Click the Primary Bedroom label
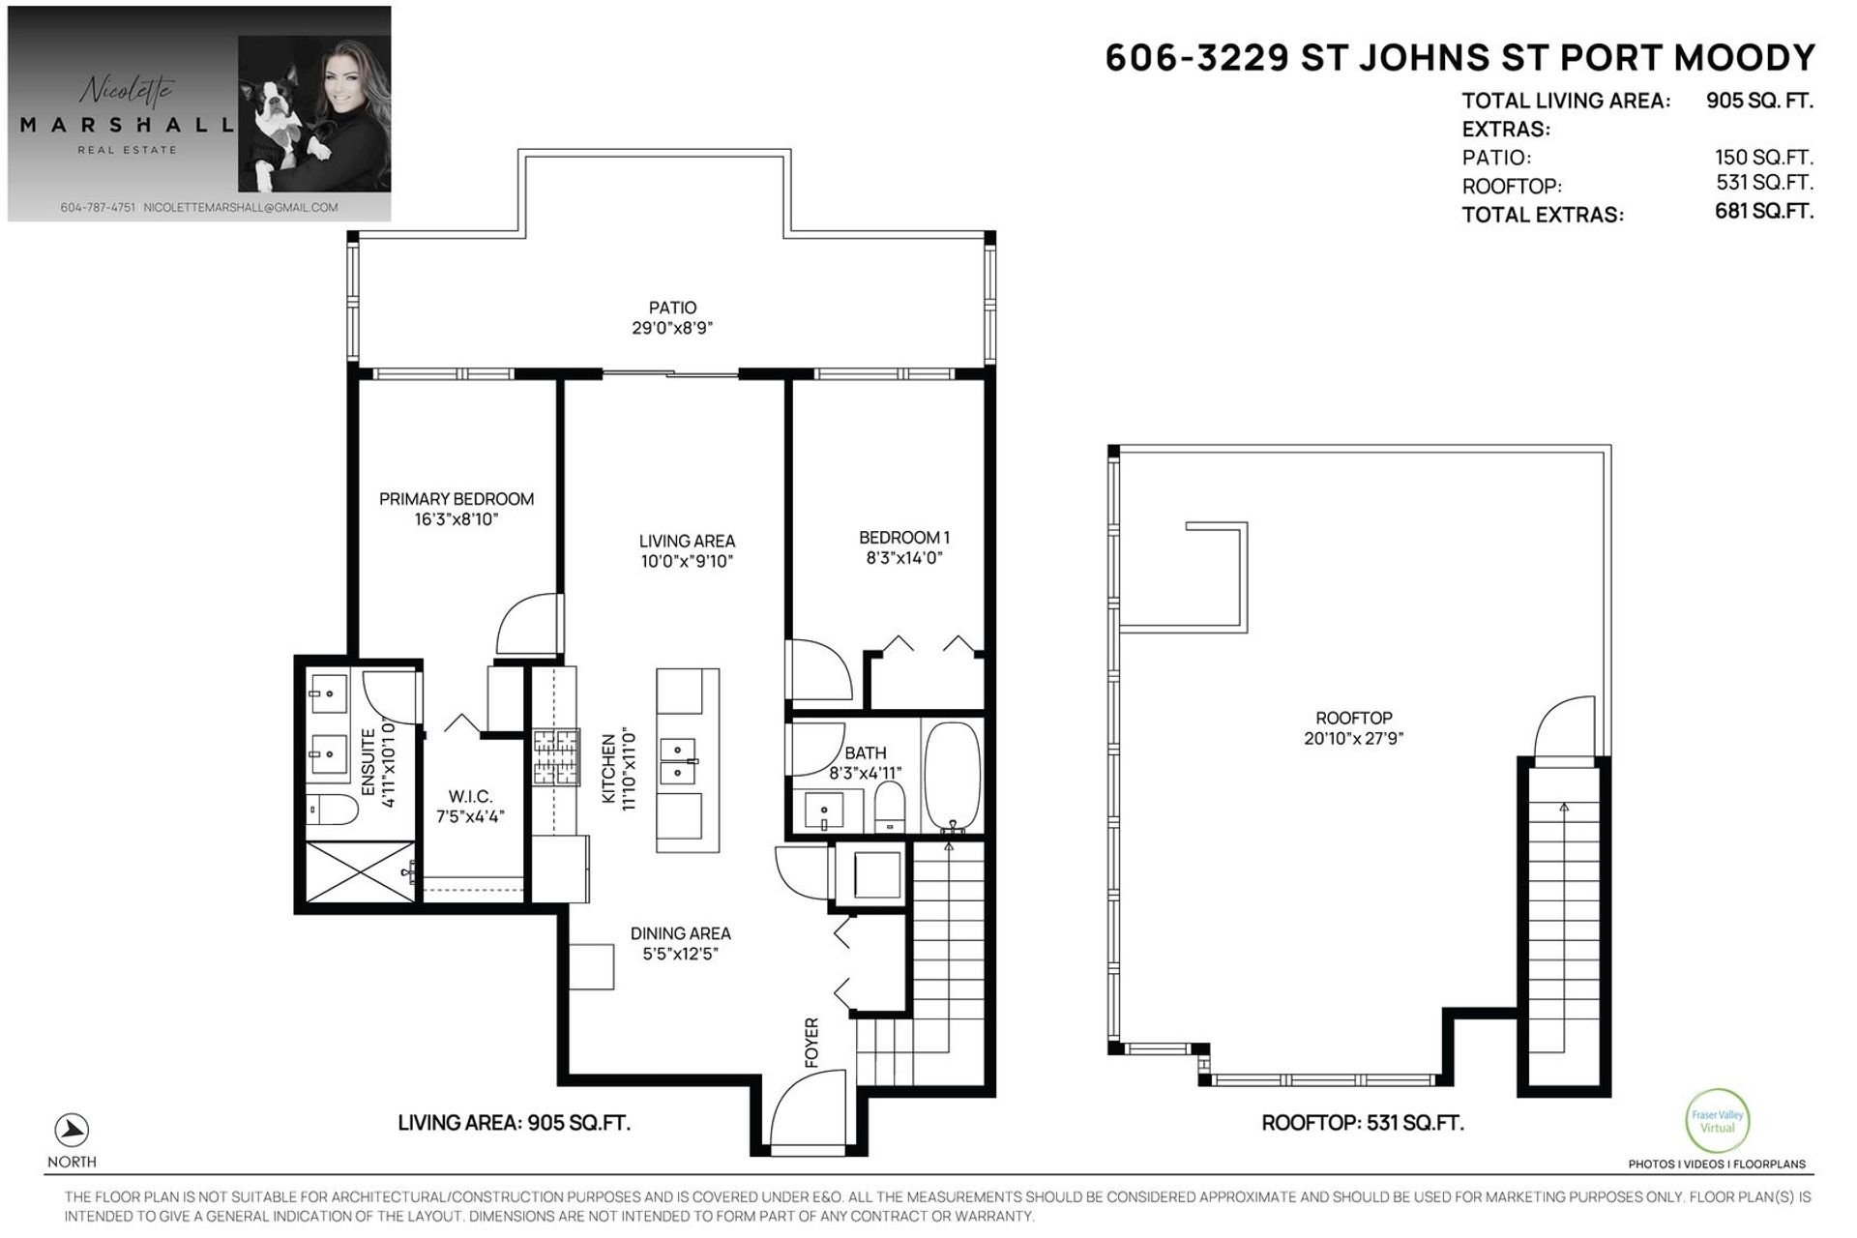[456, 499]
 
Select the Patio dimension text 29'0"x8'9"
[672, 328]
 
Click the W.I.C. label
[470, 797]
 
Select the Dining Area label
[680, 933]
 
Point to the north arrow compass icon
[72, 1130]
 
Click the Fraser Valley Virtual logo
[1717, 1122]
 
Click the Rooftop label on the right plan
[1353, 719]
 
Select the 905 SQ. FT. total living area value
[1759, 100]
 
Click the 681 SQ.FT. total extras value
[1764, 211]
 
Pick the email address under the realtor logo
[241, 208]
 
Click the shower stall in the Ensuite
[360, 872]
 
